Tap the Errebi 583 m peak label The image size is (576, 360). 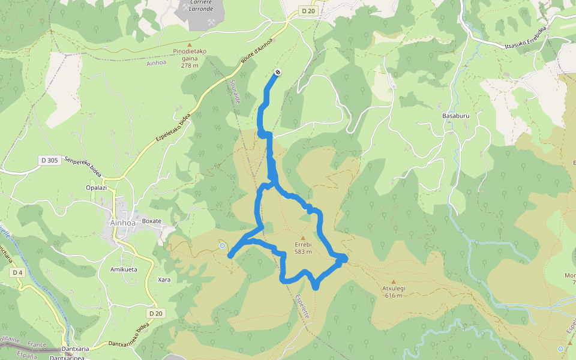(x=303, y=248)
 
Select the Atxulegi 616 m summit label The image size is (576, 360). (x=394, y=292)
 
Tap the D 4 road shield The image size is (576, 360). (x=17, y=272)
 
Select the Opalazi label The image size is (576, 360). (x=97, y=188)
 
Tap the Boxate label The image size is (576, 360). (x=152, y=221)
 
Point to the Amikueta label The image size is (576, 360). (x=124, y=269)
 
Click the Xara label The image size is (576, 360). (x=164, y=280)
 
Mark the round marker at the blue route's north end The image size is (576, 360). (x=278, y=73)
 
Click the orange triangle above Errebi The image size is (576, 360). (x=303, y=238)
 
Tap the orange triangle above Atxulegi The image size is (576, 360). (x=394, y=281)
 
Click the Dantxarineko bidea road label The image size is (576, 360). (x=128, y=336)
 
